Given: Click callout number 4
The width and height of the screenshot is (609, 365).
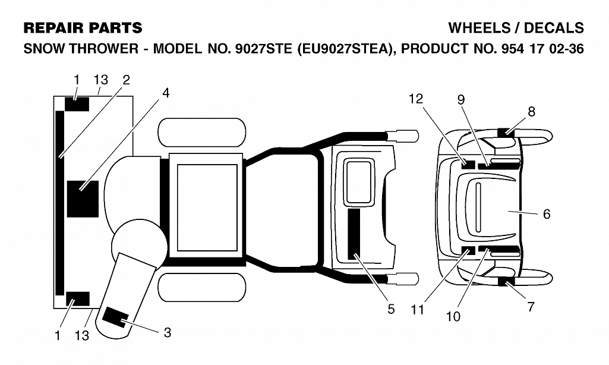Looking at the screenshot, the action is (166, 93).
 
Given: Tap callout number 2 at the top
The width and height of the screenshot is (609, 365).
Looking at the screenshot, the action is (126, 80).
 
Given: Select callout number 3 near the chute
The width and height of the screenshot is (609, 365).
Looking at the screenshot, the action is (168, 333).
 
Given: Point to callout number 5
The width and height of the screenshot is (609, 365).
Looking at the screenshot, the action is (391, 309).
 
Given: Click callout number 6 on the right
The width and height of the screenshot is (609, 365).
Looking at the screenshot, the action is (547, 214).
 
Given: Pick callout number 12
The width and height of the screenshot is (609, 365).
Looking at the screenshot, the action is (415, 99).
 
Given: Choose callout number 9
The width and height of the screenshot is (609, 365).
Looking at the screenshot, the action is (461, 100).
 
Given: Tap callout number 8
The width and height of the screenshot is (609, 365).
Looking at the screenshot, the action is (531, 112).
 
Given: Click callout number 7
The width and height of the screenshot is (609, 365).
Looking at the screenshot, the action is (531, 307).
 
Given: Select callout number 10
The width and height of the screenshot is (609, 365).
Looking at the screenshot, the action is (453, 317).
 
